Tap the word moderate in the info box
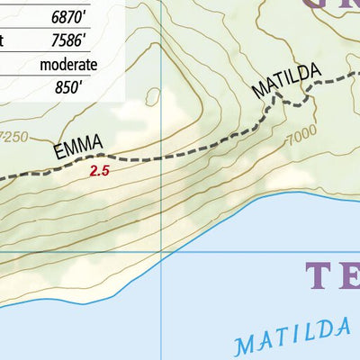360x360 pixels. click(68, 64)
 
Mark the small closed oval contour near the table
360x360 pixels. click(151, 96)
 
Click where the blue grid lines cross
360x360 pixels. click(161, 251)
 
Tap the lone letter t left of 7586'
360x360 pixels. click(5, 41)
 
